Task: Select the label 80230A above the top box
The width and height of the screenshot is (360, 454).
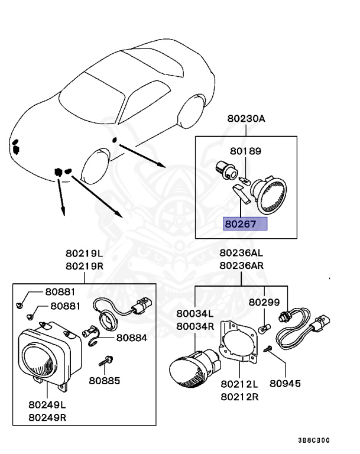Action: pos(246,118)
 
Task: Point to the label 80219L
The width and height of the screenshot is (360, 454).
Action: pos(84,255)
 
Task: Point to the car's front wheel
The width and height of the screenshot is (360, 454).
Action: pos(95,167)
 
